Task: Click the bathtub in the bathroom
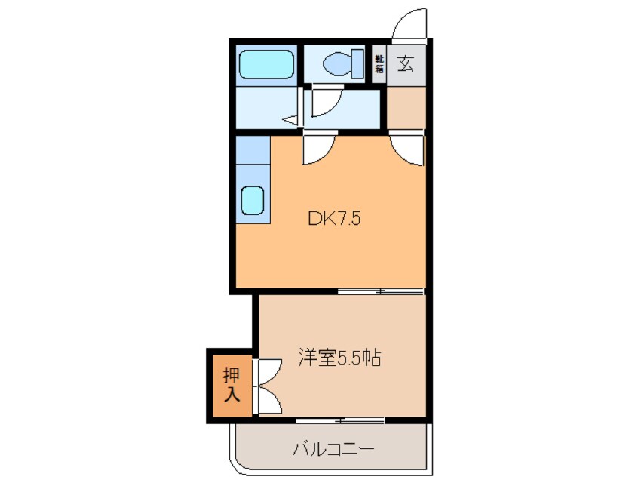tap(265, 66)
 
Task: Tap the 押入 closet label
tap(230, 384)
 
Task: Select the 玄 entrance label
tap(405, 64)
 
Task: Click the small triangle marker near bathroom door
tap(290, 120)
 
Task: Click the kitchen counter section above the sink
tap(251, 150)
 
